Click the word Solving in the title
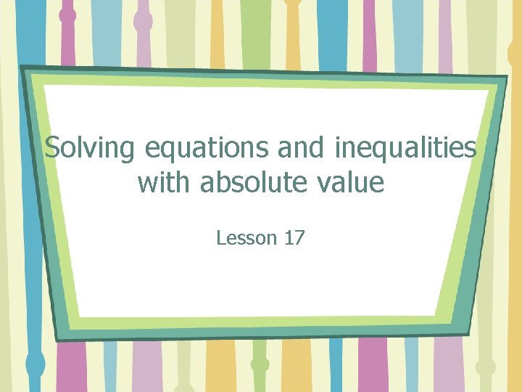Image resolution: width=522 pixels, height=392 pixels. pos(89,149)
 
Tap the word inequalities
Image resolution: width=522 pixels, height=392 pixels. pos(405,149)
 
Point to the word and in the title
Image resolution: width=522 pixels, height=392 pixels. pos(302,149)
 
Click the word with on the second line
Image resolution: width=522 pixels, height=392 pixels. pos(165,182)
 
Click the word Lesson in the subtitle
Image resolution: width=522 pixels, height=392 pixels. pos(246,237)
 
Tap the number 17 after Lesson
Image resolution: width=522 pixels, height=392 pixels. pos(294,237)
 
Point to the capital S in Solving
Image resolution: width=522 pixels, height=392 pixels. pos(51,149)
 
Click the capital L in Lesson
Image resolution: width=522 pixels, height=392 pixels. pos(220,237)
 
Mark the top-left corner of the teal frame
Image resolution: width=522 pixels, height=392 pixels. pos(22,68)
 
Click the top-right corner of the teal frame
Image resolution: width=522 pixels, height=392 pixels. pos(507,76)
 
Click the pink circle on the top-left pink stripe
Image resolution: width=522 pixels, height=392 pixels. pos(67,15)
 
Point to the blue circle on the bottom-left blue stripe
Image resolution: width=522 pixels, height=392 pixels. pos(34,363)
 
